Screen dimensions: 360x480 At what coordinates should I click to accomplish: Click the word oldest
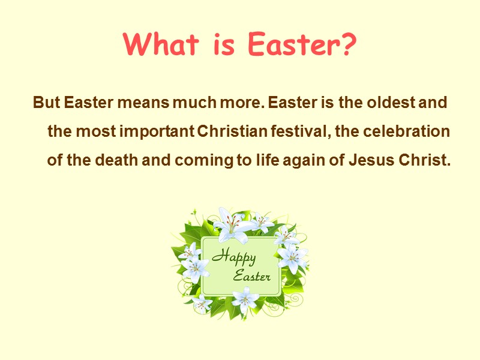[x=385, y=103]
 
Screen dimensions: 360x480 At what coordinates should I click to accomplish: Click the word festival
[x=302, y=131]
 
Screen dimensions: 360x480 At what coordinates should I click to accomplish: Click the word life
[x=259, y=161]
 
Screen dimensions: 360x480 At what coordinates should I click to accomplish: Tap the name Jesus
[x=371, y=161]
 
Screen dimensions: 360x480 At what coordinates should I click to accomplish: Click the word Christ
[x=424, y=161]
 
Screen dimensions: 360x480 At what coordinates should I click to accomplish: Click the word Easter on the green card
[x=251, y=277]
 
